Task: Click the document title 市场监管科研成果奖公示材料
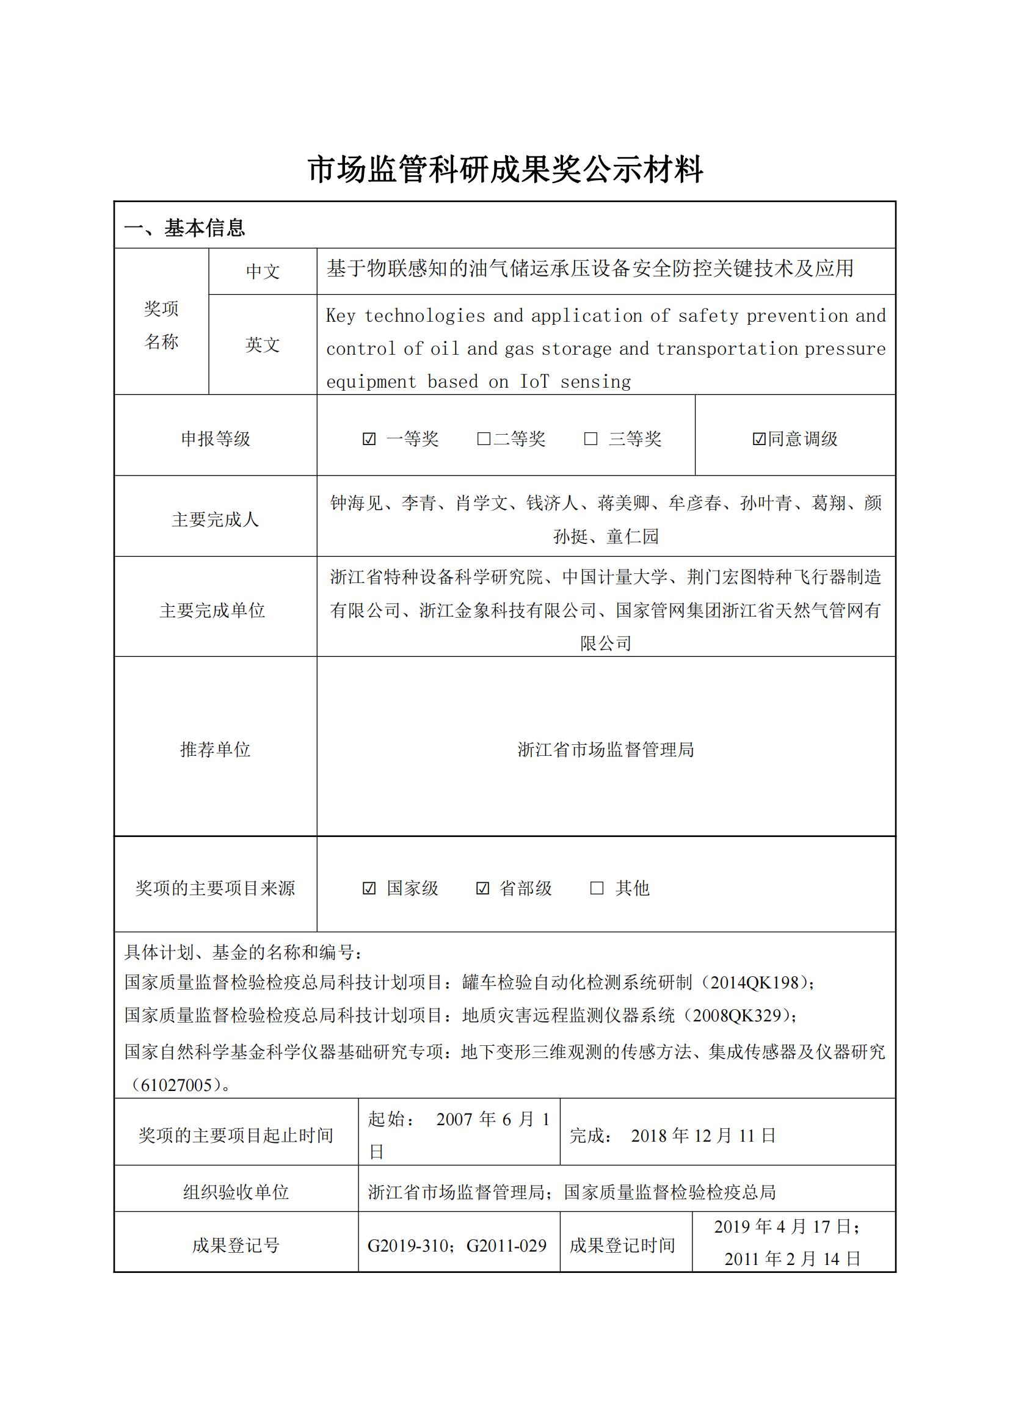click(505, 169)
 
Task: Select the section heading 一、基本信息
click(184, 228)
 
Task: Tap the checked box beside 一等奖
click(369, 439)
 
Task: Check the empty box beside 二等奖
click(483, 439)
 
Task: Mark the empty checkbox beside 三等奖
click(591, 439)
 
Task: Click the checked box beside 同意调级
click(759, 439)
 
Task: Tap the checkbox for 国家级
click(369, 888)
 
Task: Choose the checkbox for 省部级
click(482, 888)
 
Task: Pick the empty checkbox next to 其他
click(597, 888)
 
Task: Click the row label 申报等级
click(215, 439)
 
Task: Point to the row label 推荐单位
click(215, 750)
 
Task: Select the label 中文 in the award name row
click(263, 271)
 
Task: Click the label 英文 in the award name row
click(263, 344)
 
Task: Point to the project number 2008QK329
click(736, 1016)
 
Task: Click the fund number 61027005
click(176, 1085)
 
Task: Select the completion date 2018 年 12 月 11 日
click(703, 1136)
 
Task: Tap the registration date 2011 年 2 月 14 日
click(793, 1259)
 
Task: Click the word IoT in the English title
click(534, 381)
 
